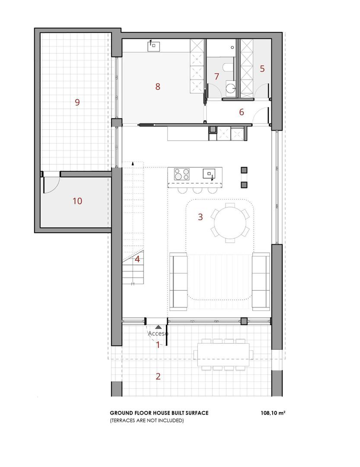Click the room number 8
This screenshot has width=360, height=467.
(x=158, y=86)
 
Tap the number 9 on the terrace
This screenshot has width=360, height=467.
(x=77, y=102)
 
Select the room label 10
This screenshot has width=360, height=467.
(x=77, y=201)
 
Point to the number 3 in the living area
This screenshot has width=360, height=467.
(x=200, y=217)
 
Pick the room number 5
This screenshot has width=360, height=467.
(x=262, y=68)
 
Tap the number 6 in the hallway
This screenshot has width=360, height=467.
(x=242, y=112)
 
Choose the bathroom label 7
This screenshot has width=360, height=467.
(x=217, y=77)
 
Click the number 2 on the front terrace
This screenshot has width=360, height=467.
(x=158, y=376)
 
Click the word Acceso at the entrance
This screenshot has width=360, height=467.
(x=158, y=334)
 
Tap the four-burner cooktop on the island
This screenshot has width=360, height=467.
(x=182, y=174)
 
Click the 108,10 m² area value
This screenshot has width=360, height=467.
(x=272, y=413)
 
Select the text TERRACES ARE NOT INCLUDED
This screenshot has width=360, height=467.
(x=147, y=420)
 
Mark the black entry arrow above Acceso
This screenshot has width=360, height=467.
(x=159, y=328)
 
